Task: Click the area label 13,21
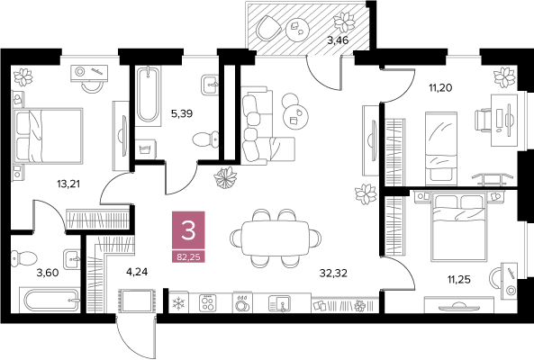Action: tap(68, 184)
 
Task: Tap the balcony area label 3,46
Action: tap(338, 40)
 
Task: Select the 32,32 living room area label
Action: tap(333, 273)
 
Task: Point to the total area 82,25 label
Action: tap(188, 256)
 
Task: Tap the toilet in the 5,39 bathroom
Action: tap(205, 139)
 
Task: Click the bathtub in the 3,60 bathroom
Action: tap(52, 300)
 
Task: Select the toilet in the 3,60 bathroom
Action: tap(23, 258)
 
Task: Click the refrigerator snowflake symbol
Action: tap(178, 303)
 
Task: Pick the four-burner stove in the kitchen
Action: tap(208, 302)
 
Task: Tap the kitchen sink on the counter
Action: tap(279, 302)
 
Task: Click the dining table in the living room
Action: tap(276, 238)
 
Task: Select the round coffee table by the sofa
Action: tap(295, 116)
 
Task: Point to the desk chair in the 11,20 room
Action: tap(484, 121)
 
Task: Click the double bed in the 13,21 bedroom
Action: tap(48, 135)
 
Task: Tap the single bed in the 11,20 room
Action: tap(441, 147)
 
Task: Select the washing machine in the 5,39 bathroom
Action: tap(146, 148)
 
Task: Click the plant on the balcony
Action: tap(345, 22)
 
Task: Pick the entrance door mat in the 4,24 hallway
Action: tap(136, 300)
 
